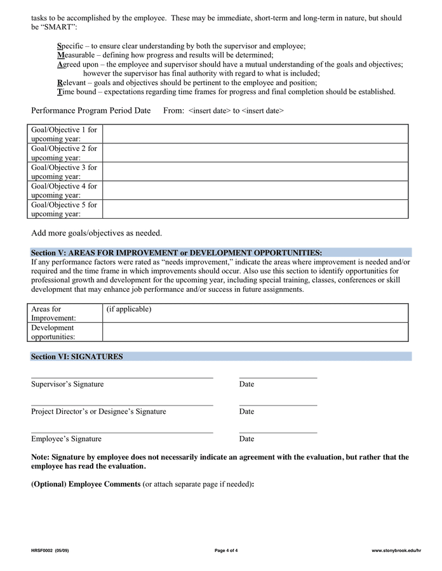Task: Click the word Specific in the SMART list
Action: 70,46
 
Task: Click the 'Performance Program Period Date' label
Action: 91,110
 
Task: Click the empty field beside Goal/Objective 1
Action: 255,134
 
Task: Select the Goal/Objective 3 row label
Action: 64,172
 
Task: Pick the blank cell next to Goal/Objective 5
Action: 255,209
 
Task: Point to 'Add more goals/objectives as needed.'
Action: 97,233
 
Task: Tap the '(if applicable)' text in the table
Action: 129,310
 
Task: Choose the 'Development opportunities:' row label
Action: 53,332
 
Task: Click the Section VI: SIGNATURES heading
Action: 77,357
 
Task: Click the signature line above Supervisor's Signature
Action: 122,377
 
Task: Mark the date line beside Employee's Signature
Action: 278,432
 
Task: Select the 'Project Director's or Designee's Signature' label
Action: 98,411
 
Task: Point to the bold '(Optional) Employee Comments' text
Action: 86,484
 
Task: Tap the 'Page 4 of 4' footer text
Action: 226,550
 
